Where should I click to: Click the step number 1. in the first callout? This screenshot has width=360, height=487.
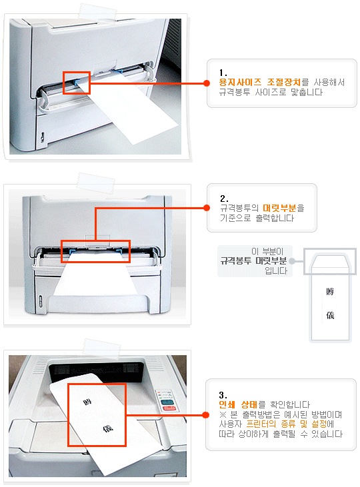click(x=223, y=73)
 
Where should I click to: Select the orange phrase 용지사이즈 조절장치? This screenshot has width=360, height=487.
click(x=260, y=83)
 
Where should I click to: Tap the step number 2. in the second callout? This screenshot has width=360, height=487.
click(x=224, y=199)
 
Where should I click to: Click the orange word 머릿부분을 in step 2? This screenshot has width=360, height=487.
click(x=283, y=208)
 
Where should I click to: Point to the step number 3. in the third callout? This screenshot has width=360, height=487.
click(x=223, y=395)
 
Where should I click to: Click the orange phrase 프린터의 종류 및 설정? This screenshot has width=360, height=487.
click(x=286, y=424)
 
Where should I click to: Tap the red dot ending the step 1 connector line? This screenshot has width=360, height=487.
click(x=207, y=83)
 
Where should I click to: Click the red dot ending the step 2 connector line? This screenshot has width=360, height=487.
click(x=207, y=208)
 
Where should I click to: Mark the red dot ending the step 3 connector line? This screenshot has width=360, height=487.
click(x=205, y=415)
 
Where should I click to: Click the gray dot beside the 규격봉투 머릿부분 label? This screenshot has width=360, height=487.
click(x=292, y=261)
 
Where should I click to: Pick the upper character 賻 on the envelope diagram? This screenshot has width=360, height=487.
click(x=330, y=292)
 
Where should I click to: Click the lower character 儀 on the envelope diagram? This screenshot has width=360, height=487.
click(x=330, y=316)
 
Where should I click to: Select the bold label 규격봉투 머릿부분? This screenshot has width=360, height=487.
click(x=253, y=261)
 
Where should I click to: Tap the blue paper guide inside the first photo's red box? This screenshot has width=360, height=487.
click(x=77, y=83)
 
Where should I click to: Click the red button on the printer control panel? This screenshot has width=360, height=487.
click(x=169, y=408)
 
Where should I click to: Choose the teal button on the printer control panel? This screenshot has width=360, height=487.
click(x=167, y=402)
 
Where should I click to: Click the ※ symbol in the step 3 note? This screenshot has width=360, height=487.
click(x=223, y=414)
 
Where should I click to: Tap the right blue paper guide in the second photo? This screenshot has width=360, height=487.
click(x=119, y=251)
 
